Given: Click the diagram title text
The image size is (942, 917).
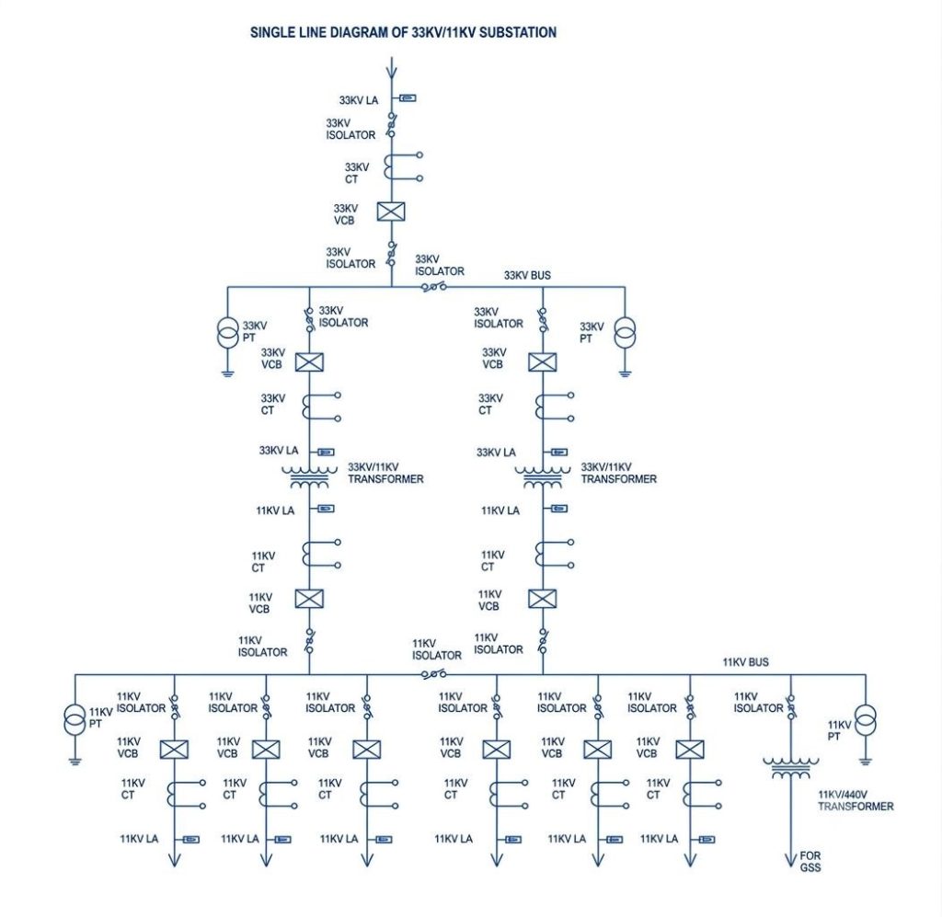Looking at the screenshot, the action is click(403, 32).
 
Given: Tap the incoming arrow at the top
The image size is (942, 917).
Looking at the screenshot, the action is click(392, 68).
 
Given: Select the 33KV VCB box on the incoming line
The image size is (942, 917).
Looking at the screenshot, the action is click(391, 212).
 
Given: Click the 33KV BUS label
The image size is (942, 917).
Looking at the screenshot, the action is click(527, 275).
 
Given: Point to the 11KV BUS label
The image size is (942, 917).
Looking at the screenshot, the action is click(745, 662).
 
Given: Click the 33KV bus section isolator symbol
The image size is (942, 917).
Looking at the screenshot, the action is click(434, 287).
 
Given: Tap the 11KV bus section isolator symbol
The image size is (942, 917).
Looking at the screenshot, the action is click(434, 674).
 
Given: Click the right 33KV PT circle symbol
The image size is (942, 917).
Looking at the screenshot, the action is click(625, 334).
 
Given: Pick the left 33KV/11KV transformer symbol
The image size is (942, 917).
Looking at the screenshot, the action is click(309, 477).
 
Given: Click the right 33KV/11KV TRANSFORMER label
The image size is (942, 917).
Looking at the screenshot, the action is click(618, 473).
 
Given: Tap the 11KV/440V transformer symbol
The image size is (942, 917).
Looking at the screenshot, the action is click(790, 768).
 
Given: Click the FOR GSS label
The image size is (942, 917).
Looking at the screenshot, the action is click(810, 861).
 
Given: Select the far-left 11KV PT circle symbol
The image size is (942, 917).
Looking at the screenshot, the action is click(75, 720).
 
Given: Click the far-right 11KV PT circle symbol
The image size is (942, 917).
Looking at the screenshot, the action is click(866, 720).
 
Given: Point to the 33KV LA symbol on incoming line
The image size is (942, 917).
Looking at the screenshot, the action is click(408, 97).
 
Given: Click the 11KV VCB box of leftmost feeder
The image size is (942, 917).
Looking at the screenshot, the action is click(174, 750).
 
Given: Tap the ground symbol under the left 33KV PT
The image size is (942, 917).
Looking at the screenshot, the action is click(228, 373).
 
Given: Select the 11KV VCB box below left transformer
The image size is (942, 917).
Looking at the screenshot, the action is click(309, 599).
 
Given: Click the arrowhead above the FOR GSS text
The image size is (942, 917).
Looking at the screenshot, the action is click(790, 861).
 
